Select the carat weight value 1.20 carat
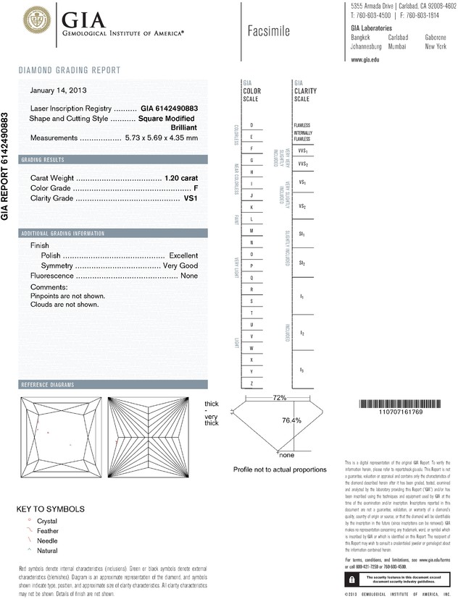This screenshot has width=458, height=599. [182, 177]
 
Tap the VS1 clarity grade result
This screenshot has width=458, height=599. [191, 197]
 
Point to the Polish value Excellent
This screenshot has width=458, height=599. [183, 255]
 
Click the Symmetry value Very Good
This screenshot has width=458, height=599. [180, 265]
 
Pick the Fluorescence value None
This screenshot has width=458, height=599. [189, 276]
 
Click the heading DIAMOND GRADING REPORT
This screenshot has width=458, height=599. [69, 70]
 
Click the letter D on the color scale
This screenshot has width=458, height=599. [251, 125]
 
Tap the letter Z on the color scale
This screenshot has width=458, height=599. [251, 383]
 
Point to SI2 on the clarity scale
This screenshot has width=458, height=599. [301, 263]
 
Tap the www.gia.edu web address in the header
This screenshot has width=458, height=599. [365, 59]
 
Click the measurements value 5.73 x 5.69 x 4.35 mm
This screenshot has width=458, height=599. [161, 137]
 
